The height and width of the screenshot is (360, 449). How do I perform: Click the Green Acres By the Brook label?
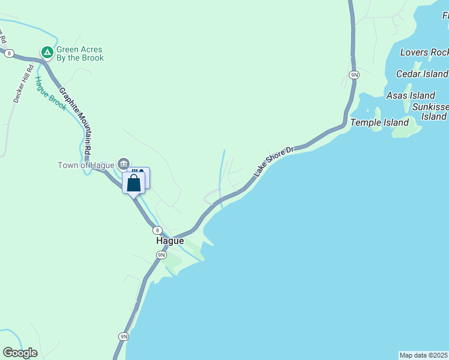pos(79,54)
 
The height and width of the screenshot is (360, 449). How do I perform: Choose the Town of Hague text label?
pos(86,165)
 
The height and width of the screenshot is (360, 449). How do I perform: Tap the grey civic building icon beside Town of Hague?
pos(124,163)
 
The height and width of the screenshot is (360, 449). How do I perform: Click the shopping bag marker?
pos(133,183)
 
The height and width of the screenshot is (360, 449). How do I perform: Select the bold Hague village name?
pos(170,241)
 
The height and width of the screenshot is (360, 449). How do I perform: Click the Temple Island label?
pos(379,122)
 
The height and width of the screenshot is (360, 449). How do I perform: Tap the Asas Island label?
pos(411,95)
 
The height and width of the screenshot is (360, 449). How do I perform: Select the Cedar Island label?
pos(422,74)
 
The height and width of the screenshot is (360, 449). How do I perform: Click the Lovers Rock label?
pos(424,52)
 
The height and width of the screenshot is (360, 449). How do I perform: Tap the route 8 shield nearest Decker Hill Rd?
pos(9,53)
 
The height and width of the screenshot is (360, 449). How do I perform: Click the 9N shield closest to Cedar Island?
pos(354,75)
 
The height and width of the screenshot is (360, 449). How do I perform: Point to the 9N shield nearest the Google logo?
pos(123,337)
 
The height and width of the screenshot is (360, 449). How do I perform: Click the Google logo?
pos(20,353)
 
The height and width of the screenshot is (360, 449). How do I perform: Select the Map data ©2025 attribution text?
pos(424,355)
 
